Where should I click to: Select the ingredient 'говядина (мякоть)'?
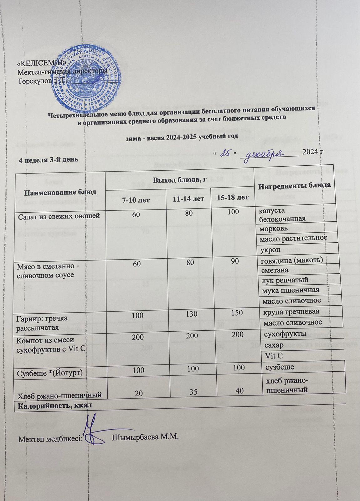tap(291, 260)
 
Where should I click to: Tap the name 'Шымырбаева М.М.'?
tap(145, 436)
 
